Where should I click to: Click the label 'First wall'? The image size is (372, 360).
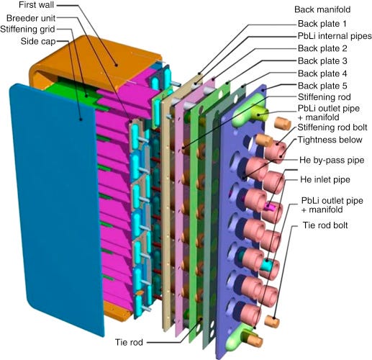coord(36,5)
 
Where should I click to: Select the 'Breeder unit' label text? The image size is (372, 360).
coord(31,18)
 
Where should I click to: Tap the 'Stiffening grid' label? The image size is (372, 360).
coord(27,30)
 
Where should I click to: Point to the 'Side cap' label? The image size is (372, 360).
coord(38,41)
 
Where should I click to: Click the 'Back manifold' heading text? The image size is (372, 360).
coord(322,9)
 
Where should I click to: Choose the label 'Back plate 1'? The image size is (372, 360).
coord(322,24)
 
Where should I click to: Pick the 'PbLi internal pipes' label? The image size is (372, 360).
coord(335,36)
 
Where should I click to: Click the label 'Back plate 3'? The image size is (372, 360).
coord(322,61)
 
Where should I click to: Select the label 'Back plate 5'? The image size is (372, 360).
coord(322,86)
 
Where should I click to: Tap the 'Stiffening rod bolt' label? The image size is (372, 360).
coord(332,127)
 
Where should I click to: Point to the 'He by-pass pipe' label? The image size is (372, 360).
coord(332,160)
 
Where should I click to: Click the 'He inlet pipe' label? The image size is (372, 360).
coord(325,179)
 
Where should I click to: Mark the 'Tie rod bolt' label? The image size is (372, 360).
coord(325,225)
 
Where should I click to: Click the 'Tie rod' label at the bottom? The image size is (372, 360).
coord(129,342)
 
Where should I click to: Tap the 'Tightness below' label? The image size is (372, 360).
coord(330,140)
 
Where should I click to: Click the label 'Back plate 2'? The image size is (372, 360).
coord(322,48)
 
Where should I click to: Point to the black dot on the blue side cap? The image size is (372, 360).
coord(81,120)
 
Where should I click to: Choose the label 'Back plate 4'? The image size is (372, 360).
coord(322,73)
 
